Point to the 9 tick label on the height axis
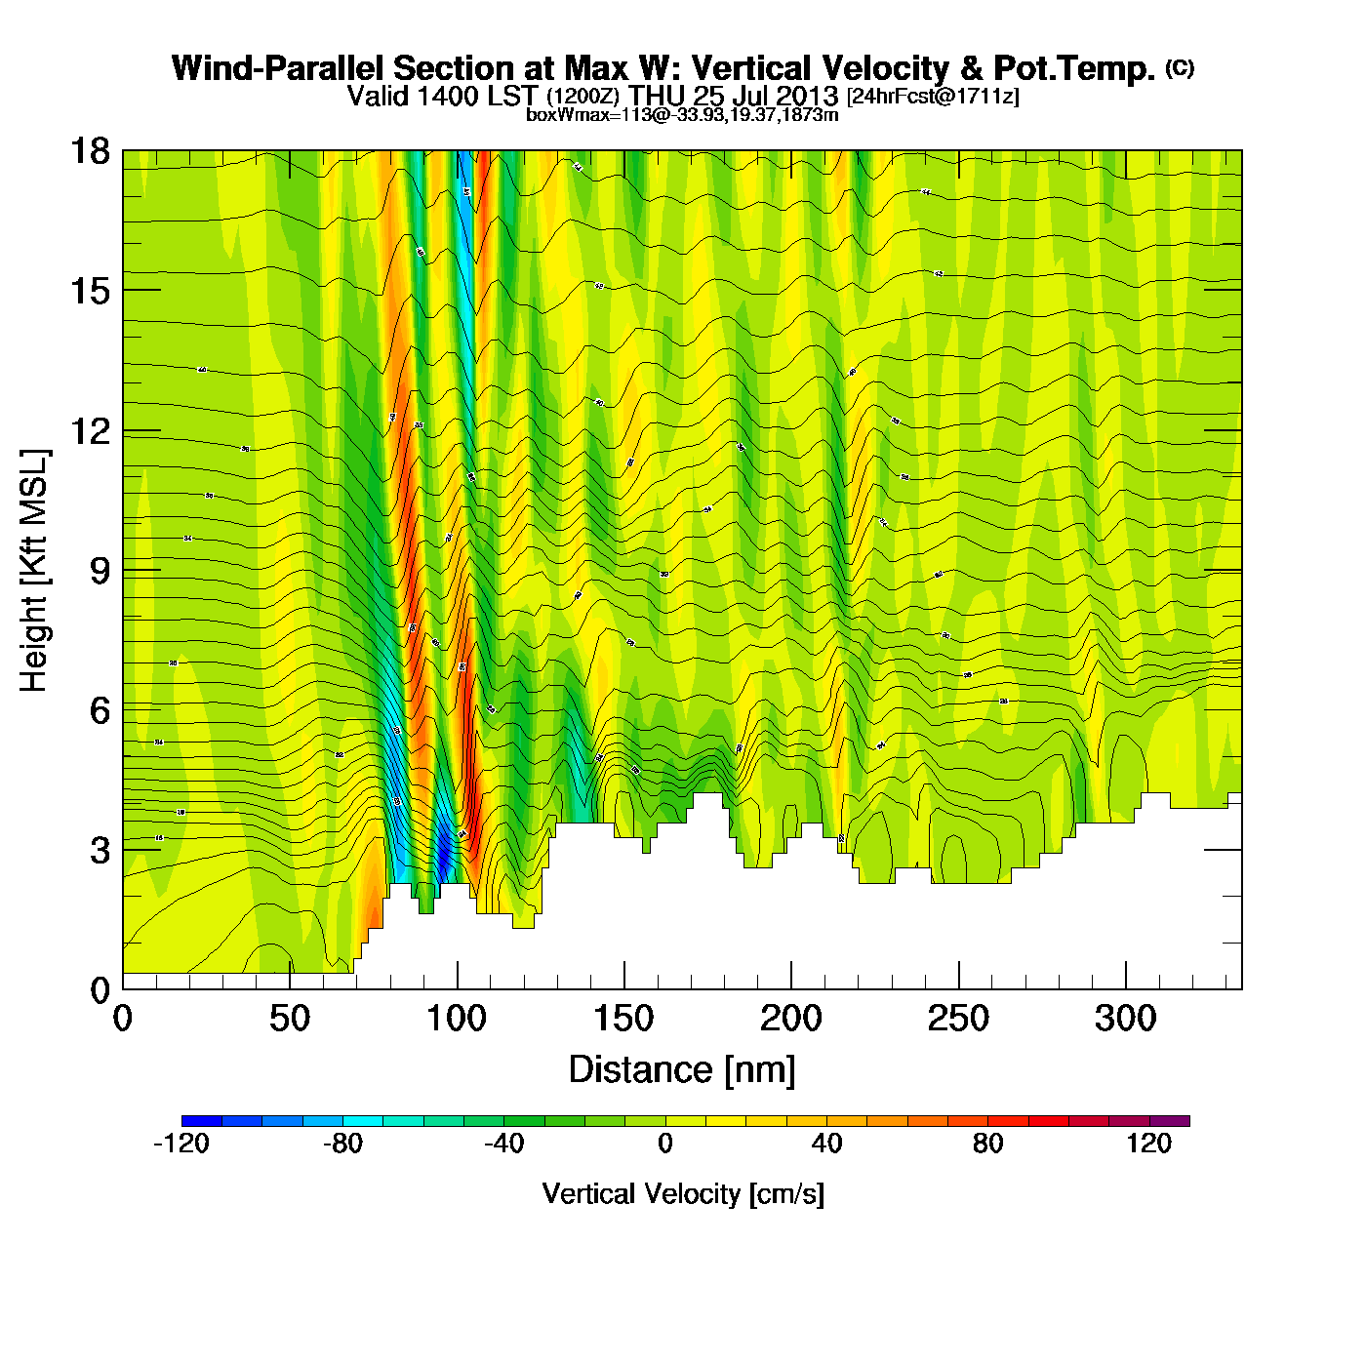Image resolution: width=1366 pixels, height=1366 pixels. click(x=100, y=571)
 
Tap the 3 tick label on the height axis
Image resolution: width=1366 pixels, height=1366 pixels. click(x=100, y=850)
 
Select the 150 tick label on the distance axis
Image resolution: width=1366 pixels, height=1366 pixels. click(x=623, y=1019)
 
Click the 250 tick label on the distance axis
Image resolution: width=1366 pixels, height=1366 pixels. click(x=958, y=1019)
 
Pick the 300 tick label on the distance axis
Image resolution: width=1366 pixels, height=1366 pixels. click(x=1125, y=1019)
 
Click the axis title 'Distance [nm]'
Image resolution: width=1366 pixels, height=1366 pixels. click(x=682, y=1070)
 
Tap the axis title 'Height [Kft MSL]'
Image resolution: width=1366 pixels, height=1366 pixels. click(x=34, y=571)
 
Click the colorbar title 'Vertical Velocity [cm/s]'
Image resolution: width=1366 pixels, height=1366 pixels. click(x=683, y=1193)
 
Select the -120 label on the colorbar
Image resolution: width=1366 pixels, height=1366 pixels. click(x=181, y=1144)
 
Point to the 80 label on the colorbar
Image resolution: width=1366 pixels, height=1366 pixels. click(x=988, y=1144)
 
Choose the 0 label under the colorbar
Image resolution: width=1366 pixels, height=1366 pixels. click(x=665, y=1144)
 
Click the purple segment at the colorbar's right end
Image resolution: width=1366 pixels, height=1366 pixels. click(x=1170, y=1121)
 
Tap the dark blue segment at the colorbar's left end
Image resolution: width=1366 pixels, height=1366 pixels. click(x=202, y=1121)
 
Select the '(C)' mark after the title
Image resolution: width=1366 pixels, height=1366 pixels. click(x=1180, y=67)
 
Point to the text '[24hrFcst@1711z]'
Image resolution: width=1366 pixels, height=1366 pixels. click(x=933, y=96)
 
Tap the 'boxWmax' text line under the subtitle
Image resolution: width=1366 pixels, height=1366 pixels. click(x=682, y=114)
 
